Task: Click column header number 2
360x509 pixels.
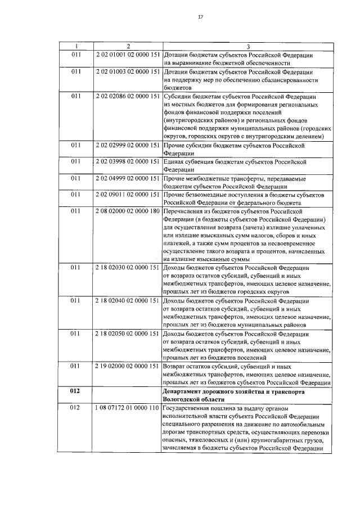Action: coord(128,46)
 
